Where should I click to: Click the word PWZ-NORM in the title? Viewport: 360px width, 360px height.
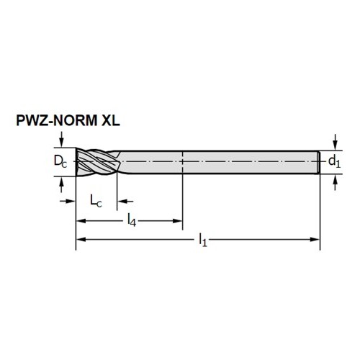coord(57,120)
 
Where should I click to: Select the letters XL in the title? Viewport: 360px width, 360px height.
coord(111,120)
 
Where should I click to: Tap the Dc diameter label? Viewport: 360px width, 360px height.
coord(60,161)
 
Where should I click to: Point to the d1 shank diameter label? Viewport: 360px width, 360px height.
coord(334,161)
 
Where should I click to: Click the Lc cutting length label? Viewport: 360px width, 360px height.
coord(96,201)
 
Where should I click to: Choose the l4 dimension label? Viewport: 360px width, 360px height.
coord(132,220)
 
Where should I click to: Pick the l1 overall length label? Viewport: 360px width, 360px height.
coord(203,240)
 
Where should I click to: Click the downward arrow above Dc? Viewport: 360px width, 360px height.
coord(62,139)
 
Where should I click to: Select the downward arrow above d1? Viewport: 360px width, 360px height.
coord(336,142)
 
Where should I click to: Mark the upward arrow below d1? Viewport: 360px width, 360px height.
coord(336,182)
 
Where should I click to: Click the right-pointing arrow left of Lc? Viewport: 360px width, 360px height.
coord(68,201)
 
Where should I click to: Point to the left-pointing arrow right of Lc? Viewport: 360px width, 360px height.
coord(125,201)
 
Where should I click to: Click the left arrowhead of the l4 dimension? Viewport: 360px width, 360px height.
coord(81,221)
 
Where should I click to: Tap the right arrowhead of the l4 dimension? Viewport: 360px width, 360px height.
coord(178,221)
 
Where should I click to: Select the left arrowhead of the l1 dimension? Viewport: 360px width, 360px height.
coord(81,239)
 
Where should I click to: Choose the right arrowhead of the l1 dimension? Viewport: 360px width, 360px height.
coord(315,239)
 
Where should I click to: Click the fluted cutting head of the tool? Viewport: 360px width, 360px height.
coord(97,161)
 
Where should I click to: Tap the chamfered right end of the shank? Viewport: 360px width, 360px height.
coord(319,162)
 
